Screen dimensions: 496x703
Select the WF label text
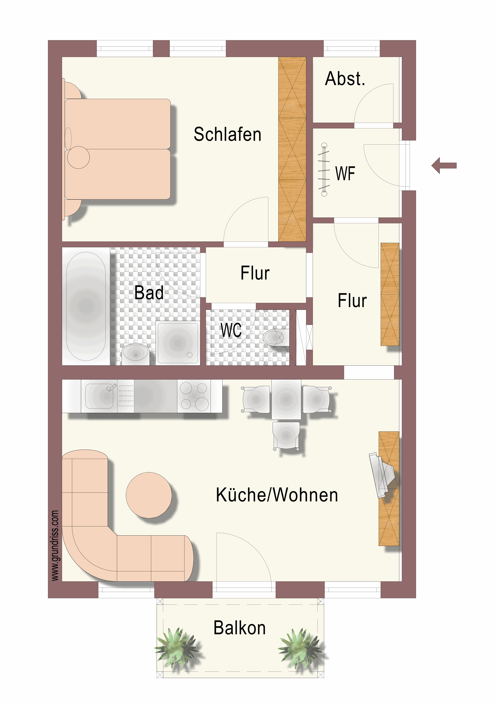point(345,174)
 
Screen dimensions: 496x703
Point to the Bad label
point(149,292)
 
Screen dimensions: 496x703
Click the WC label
point(231,330)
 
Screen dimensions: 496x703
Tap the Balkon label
point(240,628)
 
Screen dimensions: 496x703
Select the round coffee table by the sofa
point(149,495)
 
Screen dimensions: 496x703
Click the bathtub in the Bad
point(86,306)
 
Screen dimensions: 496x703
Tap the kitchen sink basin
point(99,396)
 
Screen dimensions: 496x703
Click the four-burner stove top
point(194,396)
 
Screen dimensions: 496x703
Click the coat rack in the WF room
point(324,169)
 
